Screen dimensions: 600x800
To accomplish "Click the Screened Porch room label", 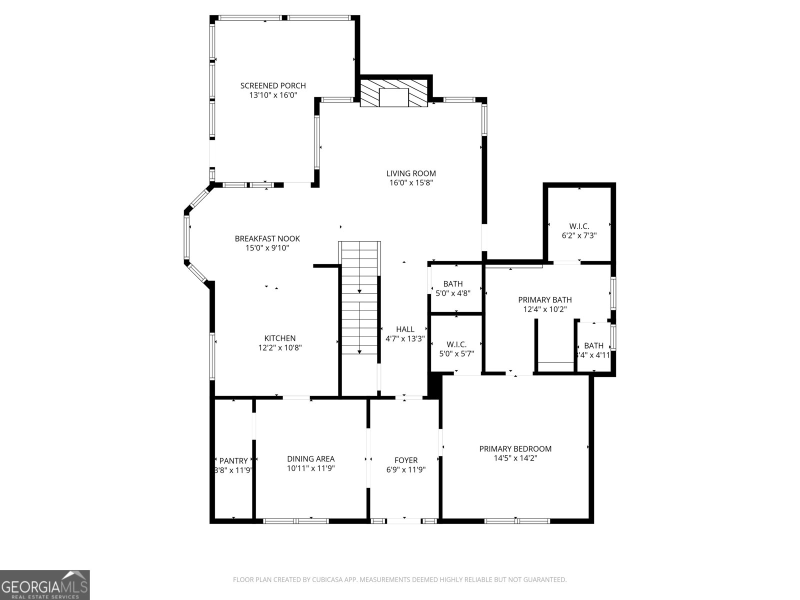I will click(273, 85).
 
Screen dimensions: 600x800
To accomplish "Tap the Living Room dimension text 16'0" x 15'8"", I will click(411, 183).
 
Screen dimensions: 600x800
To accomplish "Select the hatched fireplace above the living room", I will click(394, 91).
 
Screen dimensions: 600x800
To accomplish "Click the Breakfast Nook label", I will click(267, 238).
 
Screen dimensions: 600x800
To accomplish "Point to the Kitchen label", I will click(280, 338).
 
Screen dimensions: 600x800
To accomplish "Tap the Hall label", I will click(405, 329).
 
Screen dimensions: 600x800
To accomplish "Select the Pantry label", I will click(233, 460).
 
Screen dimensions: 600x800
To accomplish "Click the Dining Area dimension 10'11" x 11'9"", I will click(310, 468).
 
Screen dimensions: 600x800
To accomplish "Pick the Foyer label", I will click(406, 460).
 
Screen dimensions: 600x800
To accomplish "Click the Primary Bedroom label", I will click(515, 448).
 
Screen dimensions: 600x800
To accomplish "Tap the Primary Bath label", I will click(545, 300).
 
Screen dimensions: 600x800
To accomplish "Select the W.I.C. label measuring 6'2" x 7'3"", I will click(579, 226).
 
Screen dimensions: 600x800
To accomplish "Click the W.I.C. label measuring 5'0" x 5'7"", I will click(456, 344).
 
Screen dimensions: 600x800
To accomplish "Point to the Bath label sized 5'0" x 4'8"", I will click(453, 284).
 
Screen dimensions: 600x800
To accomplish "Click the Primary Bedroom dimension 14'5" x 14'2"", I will click(515, 457).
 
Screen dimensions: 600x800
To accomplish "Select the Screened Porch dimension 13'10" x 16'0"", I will click(273, 95).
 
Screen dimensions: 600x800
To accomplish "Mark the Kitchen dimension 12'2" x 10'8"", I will click(280, 347).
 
